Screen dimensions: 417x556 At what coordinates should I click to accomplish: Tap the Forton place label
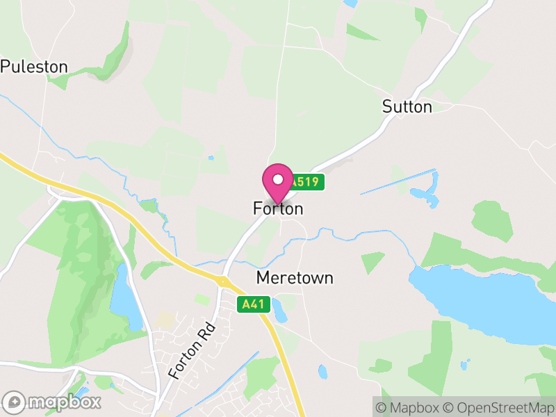pyautogui.click(x=278, y=208)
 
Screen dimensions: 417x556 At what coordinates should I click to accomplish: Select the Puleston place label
pyautogui.click(x=34, y=67)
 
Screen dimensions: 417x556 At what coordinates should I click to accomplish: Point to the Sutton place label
pyautogui.click(x=407, y=106)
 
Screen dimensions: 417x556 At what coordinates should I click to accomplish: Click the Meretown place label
pyautogui.click(x=295, y=278)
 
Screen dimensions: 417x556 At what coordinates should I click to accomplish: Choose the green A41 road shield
pyautogui.click(x=253, y=304)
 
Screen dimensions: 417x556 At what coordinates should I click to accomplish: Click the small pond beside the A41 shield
pyautogui.click(x=279, y=310)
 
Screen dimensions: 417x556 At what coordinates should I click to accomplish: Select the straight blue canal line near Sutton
pyautogui.click(x=398, y=182)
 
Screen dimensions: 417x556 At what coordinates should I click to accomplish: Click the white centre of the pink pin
pyautogui.click(x=278, y=179)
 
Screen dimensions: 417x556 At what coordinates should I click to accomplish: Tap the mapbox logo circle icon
pyautogui.click(x=15, y=402)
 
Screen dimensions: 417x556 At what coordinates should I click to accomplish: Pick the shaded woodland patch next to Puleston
pyautogui.click(x=111, y=59)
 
